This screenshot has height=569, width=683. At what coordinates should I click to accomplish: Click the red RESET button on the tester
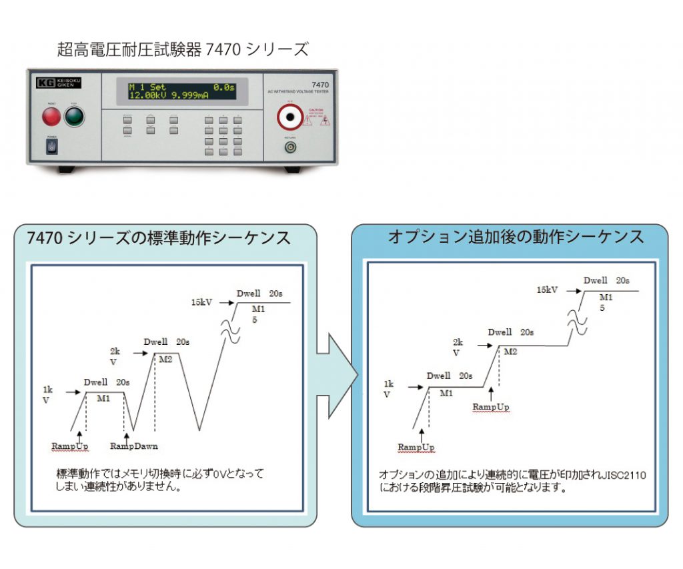click(x=51, y=117)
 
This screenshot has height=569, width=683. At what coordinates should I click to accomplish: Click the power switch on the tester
click(x=51, y=146)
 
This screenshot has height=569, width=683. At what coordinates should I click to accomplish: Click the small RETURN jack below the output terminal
click(x=290, y=147)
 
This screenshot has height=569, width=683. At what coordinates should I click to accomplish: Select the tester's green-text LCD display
click(x=181, y=90)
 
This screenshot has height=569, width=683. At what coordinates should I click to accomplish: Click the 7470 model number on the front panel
click(x=320, y=85)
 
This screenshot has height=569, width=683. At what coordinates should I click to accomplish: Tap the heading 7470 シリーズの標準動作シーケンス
click(x=159, y=238)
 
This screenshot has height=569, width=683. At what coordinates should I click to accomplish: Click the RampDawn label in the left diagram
click(x=134, y=446)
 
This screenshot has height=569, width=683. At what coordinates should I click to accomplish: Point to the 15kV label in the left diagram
click(x=201, y=302)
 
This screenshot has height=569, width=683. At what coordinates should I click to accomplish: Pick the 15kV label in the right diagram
click(x=547, y=290)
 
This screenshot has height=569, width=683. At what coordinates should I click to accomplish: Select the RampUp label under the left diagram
click(x=69, y=446)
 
